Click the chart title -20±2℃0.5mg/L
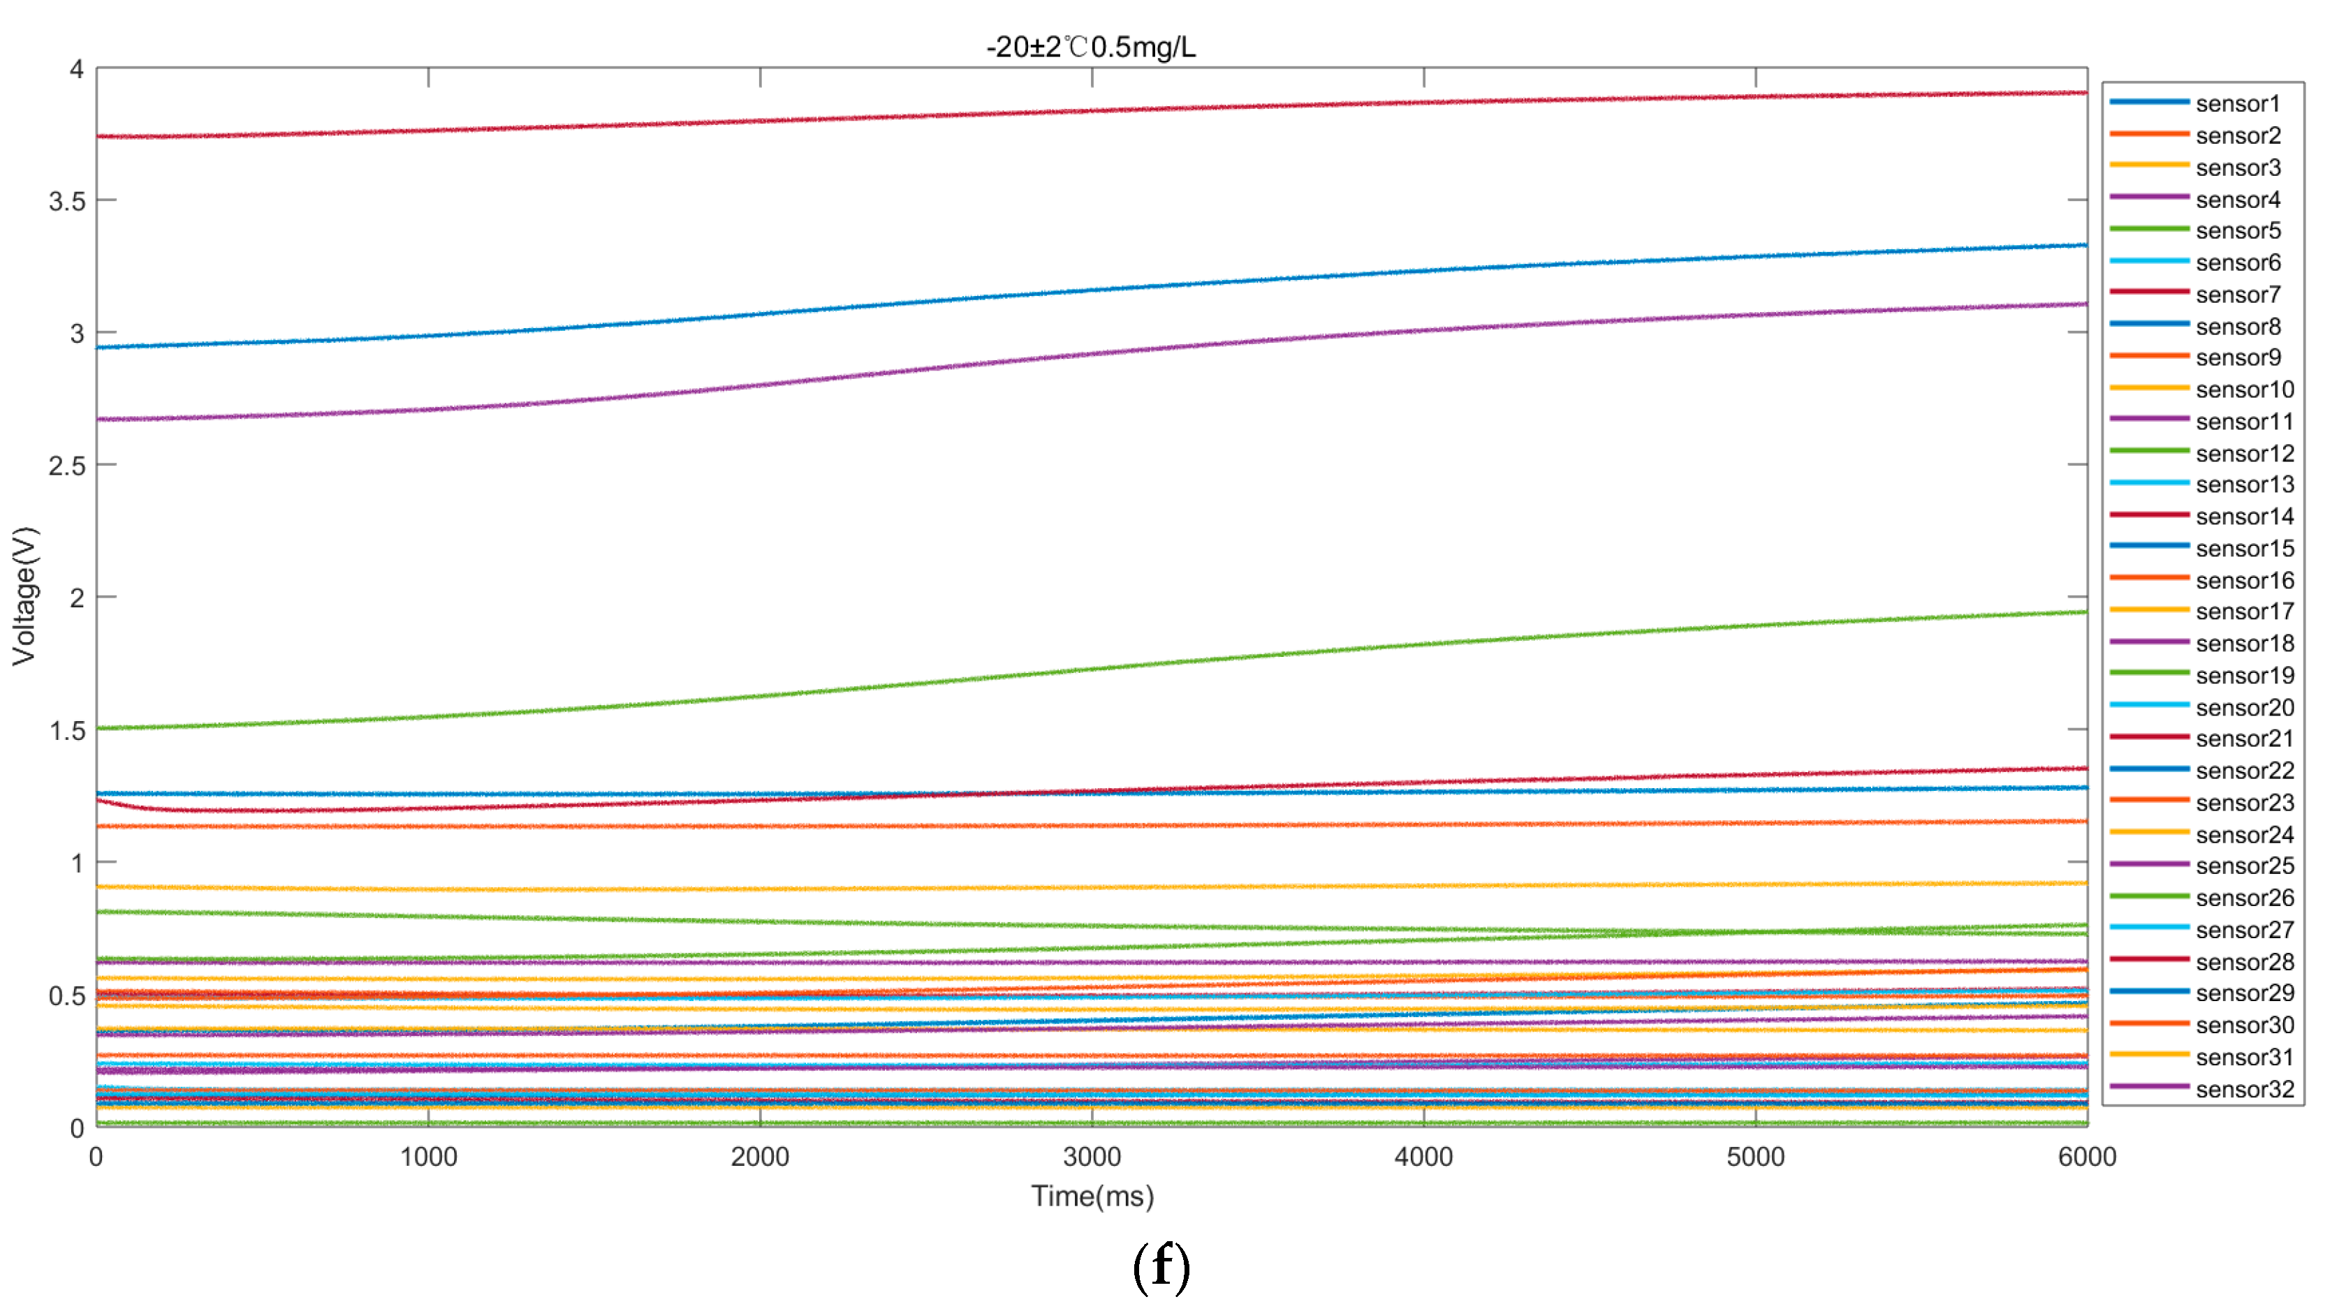[x=1090, y=46]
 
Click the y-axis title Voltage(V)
[x=24, y=596]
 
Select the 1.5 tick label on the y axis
[x=67, y=730]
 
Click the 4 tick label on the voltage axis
[x=76, y=70]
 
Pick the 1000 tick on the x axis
[x=428, y=1157]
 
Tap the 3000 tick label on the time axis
[x=1092, y=1157]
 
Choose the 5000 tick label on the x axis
[x=1755, y=1157]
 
